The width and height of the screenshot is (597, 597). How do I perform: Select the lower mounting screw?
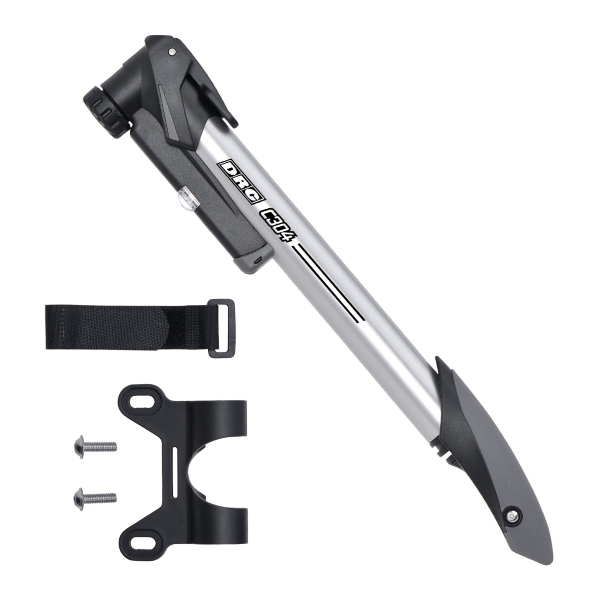94,495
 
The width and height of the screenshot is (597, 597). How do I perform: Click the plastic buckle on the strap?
223,328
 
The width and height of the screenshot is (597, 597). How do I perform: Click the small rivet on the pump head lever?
171,52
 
